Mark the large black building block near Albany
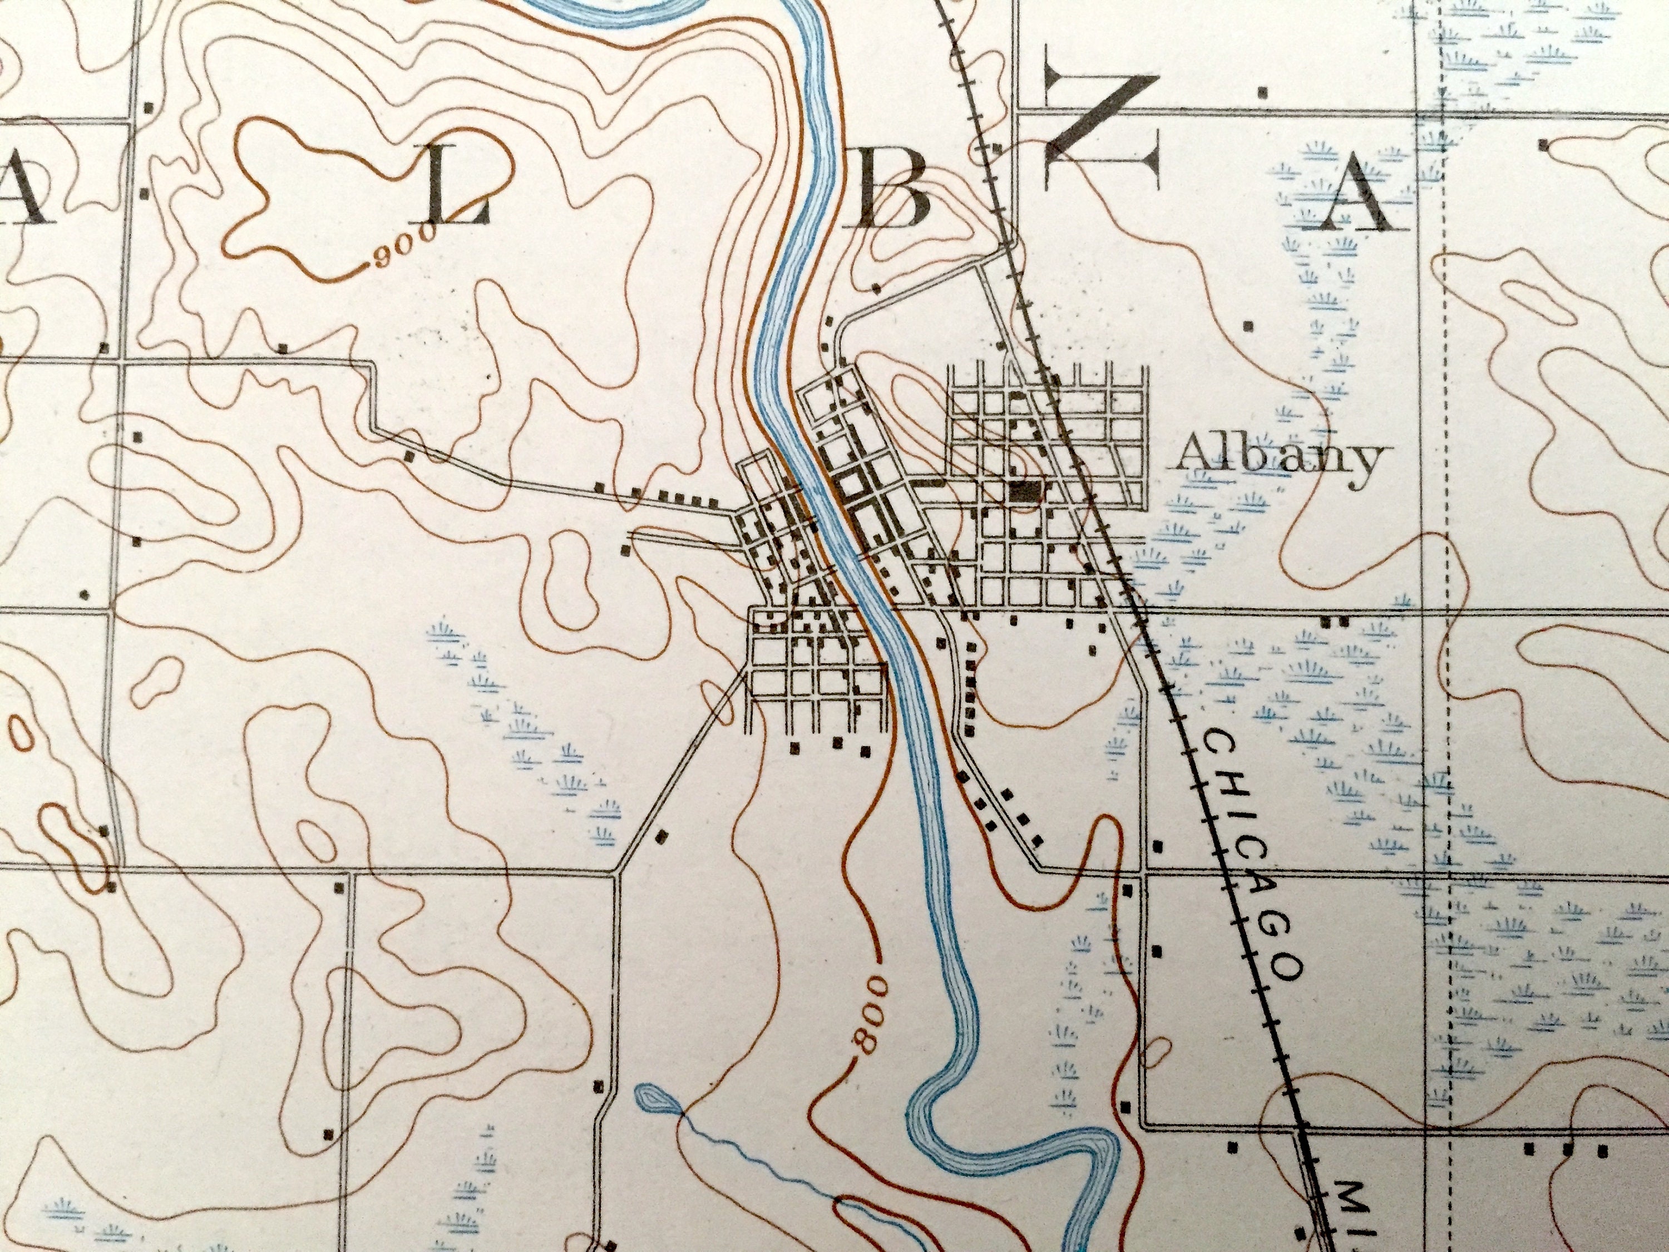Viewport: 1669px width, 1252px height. [x=1024, y=492]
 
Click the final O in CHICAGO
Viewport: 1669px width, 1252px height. [x=1288, y=966]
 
